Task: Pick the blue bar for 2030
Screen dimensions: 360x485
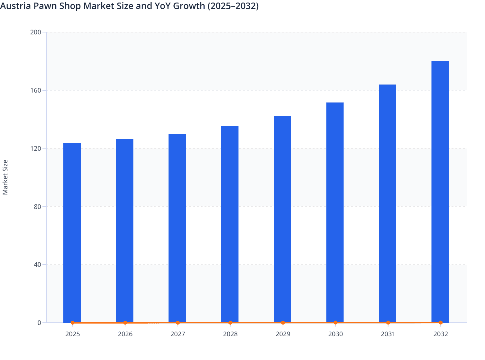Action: pos(335,212)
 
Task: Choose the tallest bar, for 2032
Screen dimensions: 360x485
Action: pos(440,191)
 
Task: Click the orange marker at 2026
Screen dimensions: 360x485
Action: pos(125,323)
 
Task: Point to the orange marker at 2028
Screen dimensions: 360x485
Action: pos(230,323)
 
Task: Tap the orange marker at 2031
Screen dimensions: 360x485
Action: pos(388,322)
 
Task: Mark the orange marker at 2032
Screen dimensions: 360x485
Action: pos(441,322)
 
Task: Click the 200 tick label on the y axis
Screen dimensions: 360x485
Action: pos(35,32)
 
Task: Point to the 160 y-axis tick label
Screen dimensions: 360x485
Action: pos(35,90)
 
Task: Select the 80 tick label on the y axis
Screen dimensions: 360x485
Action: pos(37,207)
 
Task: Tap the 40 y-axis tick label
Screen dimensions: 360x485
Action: pos(37,265)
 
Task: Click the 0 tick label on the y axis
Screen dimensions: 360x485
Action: pos(39,323)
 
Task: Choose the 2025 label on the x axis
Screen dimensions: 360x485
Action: pos(72,334)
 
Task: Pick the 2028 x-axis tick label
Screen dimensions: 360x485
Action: pos(230,334)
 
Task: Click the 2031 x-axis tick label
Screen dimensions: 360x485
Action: pos(388,334)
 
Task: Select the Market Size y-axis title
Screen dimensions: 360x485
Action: pos(5,177)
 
